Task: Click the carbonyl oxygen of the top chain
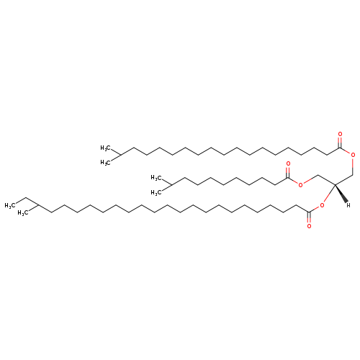(340, 134)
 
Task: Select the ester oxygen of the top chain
(353, 155)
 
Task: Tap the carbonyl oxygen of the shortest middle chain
(288, 164)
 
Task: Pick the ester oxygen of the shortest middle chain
(300, 185)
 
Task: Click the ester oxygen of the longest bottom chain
(322, 205)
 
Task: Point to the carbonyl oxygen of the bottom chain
(309, 226)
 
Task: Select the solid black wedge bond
(341, 194)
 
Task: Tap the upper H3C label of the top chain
(105, 148)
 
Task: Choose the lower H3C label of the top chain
(105, 163)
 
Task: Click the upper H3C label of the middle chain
(156, 178)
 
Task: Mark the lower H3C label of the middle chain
(156, 193)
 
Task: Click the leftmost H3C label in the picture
(10, 206)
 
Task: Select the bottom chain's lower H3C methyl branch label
(23, 213)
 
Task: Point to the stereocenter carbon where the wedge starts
(335, 184)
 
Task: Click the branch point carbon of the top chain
(120, 156)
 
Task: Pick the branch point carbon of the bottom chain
(39, 205)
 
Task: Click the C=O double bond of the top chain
(340, 143)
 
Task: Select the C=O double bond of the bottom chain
(309, 217)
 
